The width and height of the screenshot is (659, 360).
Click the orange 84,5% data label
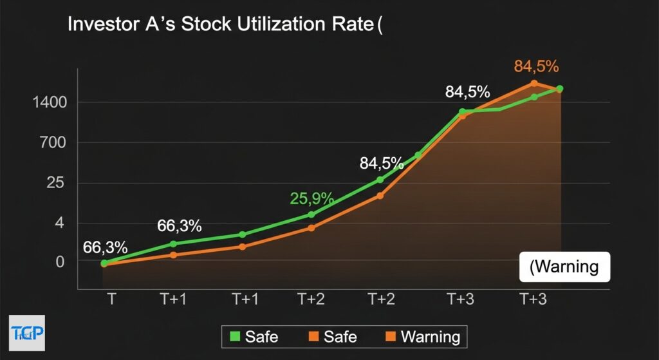[x=536, y=66]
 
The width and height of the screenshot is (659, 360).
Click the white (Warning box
[x=564, y=266]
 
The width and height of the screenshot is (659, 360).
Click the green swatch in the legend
[x=234, y=336]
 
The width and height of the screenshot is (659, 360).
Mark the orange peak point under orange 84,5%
[x=534, y=83]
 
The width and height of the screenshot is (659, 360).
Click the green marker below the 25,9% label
[x=311, y=214]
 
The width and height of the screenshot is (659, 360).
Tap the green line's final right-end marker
[x=560, y=89]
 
